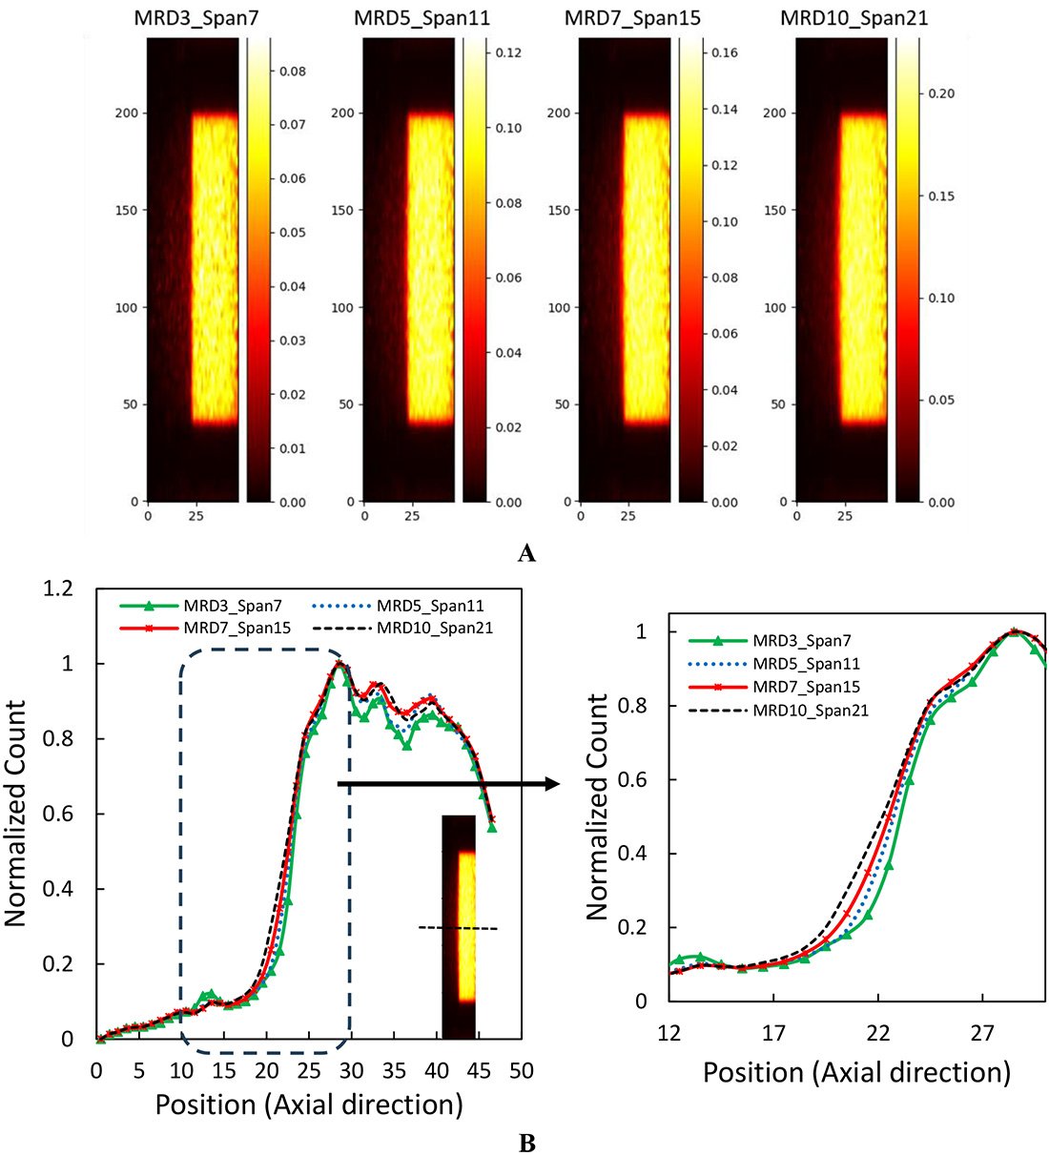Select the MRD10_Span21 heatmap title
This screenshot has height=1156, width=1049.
coord(854,18)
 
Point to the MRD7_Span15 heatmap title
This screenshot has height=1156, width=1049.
coord(632,18)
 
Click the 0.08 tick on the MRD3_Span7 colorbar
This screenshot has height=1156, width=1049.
coord(292,72)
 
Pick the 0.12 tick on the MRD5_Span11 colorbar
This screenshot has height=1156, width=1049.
coord(508,52)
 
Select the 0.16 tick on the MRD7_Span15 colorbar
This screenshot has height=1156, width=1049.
coord(725,52)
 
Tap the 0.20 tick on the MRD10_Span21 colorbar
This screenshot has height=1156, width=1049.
coord(941,93)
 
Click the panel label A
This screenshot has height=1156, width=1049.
coord(525,553)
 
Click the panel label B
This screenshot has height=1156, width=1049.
coord(525,1142)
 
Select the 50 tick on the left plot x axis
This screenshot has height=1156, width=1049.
coord(521,1071)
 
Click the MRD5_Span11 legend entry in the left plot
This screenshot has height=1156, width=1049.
coord(430,606)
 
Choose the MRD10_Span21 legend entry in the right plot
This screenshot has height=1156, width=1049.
coord(811,711)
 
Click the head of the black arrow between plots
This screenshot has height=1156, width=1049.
coord(552,784)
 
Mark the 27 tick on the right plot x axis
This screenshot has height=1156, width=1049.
coord(982,1034)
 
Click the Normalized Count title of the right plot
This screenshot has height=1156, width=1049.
coord(598,807)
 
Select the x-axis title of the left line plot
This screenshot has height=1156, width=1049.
coord(309,1104)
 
